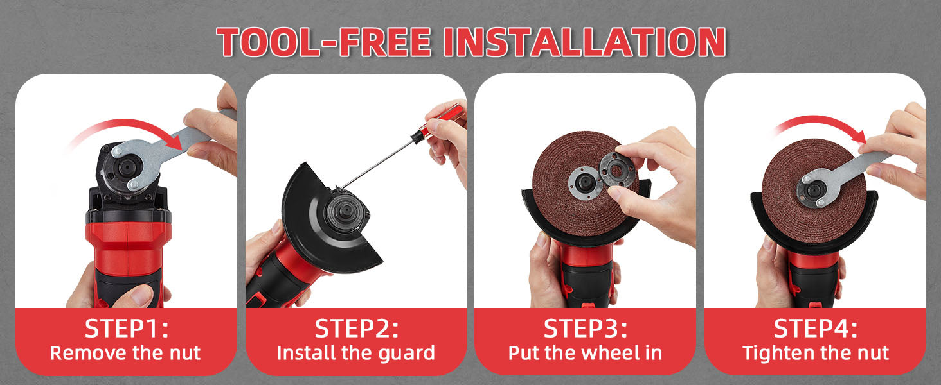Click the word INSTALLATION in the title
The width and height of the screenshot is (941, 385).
[585, 42]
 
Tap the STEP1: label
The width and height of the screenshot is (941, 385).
[127, 329]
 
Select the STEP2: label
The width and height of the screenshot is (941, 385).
[357, 329]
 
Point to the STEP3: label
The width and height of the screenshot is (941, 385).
[586, 329]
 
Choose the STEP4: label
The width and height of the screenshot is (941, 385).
[816, 329]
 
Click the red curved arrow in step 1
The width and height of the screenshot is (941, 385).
[126, 126]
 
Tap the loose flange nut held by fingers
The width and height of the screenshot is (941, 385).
[616, 169]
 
